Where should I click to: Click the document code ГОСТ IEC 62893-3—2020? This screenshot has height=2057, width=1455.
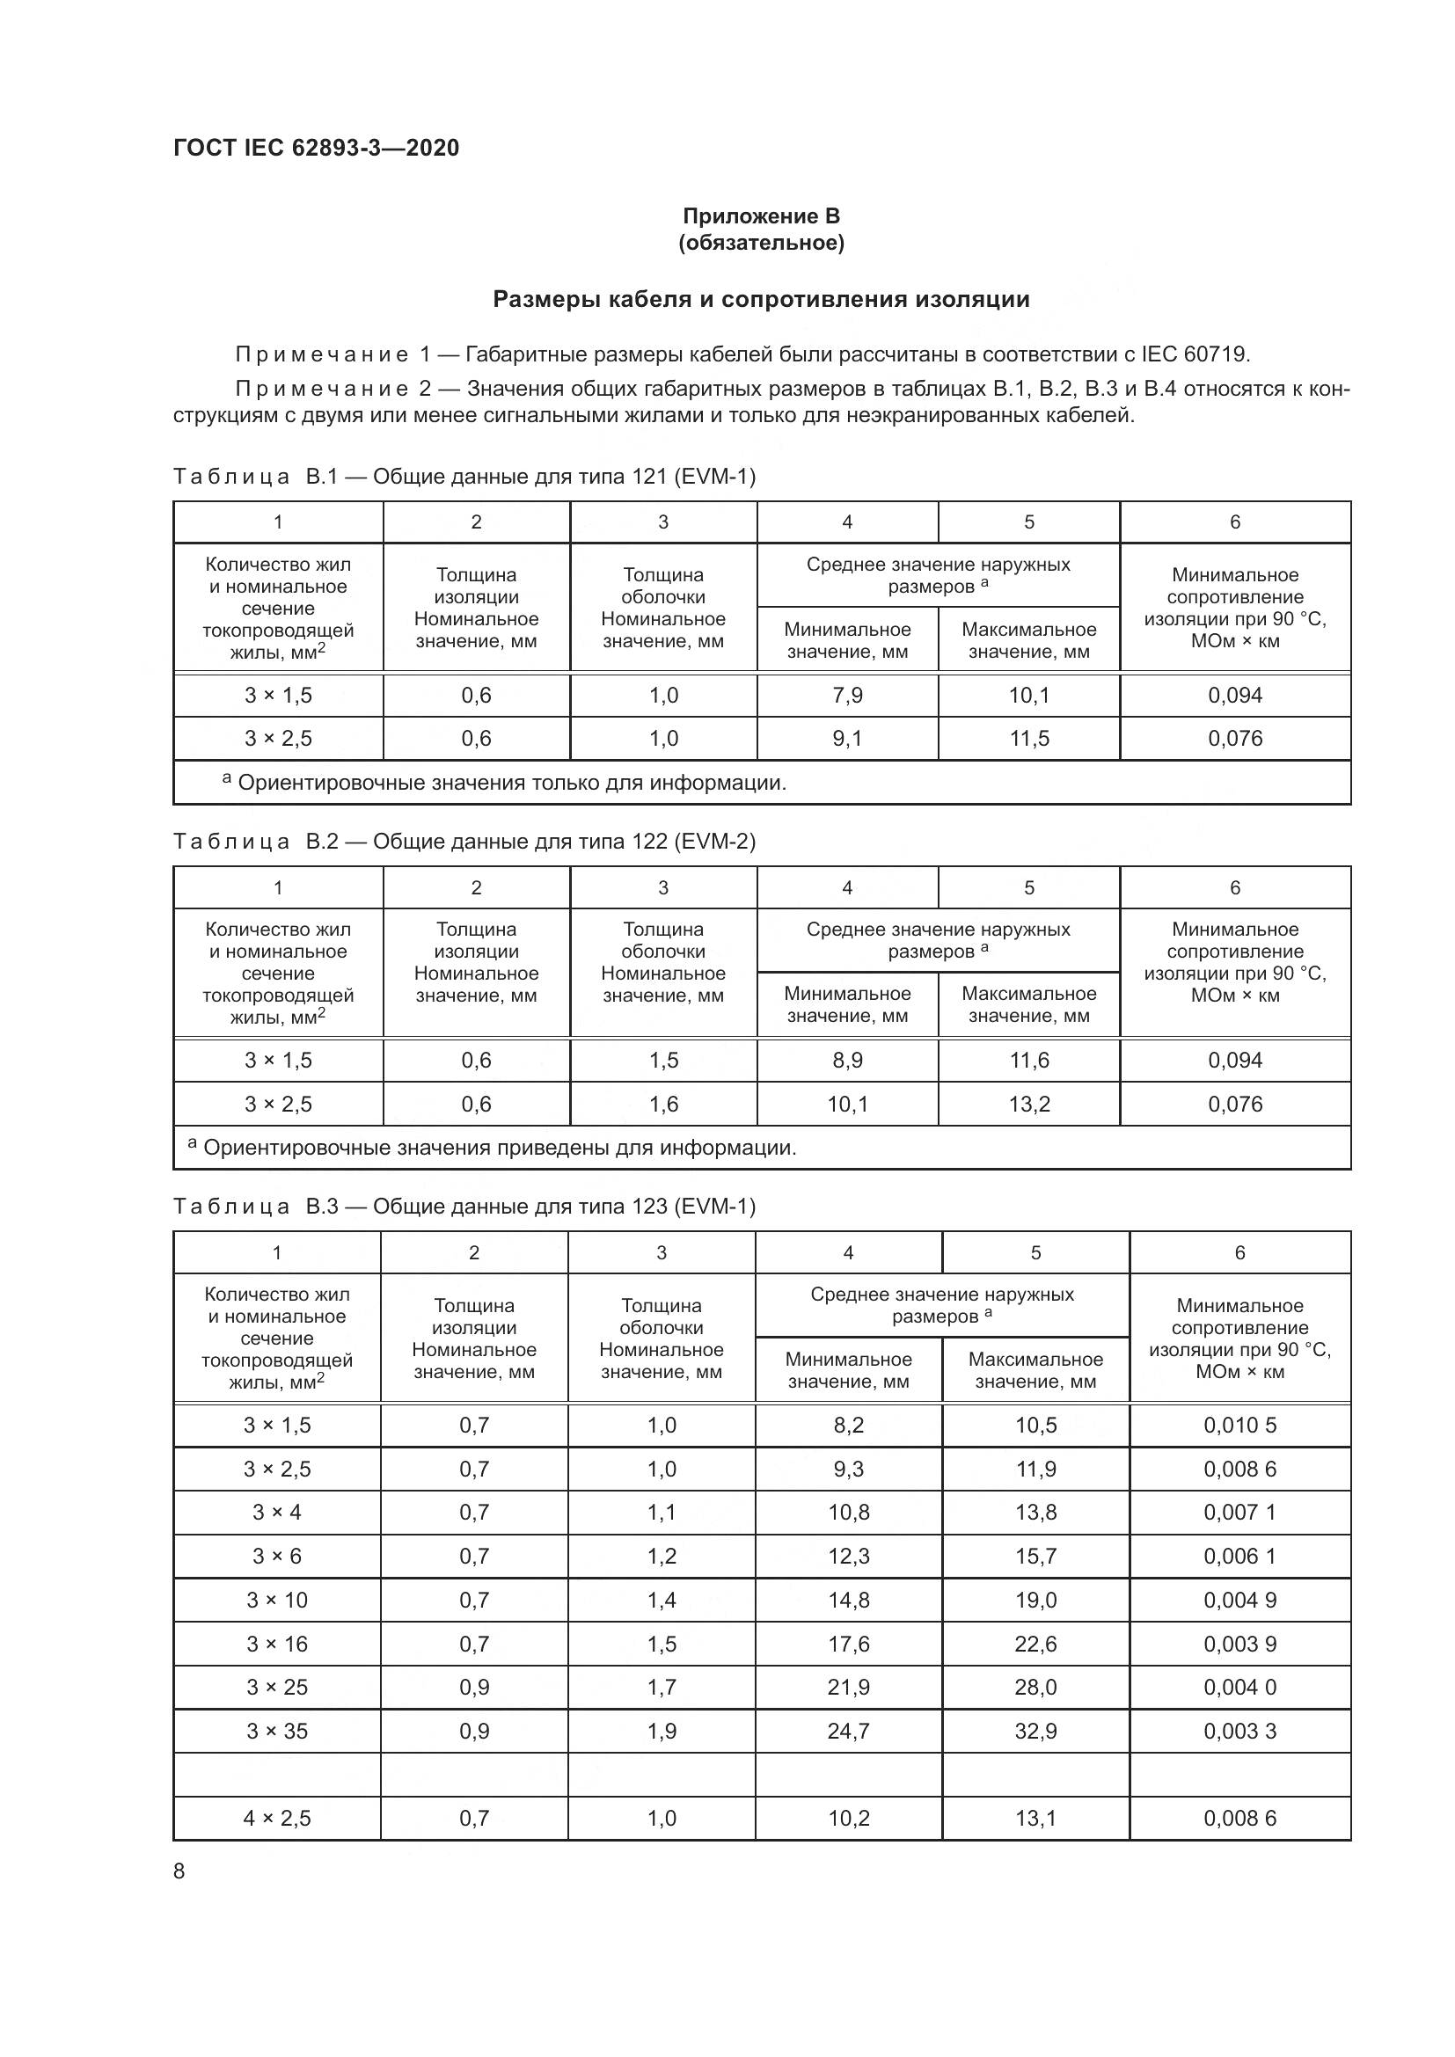(x=316, y=148)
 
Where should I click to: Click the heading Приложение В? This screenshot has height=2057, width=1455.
(x=761, y=216)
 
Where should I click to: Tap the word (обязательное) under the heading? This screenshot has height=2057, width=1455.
(x=761, y=243)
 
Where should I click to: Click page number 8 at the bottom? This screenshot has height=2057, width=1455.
(x=179, y=1871)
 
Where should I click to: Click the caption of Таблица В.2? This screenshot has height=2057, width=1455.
(x=464, y=842)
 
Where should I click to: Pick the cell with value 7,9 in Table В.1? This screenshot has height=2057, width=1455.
(x=846, y=696)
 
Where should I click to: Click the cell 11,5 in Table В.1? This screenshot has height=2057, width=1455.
(x=1028, y=738)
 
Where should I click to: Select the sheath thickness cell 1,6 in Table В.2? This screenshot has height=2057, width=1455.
(x=663, y=1104)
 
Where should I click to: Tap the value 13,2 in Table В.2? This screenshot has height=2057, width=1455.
(x=1028, y=1104)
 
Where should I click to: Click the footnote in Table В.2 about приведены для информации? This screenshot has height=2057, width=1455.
(x=492, y=1148)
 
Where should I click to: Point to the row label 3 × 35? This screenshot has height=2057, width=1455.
(x=277, y=1731)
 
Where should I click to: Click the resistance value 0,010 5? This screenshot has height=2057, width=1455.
(x=1239, y=1426)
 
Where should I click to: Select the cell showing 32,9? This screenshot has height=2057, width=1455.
(x=1035, y=1731)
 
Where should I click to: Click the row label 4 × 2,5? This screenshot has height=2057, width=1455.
(x=277, y=1818)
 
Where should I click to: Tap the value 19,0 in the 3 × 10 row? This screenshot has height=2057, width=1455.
(x=1035, y=1600)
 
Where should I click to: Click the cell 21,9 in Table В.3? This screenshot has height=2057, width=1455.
(x=847, y=1687)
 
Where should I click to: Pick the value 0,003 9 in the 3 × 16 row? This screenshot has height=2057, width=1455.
(x=1239, y=1644)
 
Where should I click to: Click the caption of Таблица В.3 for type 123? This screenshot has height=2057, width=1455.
(x=464, y=1206)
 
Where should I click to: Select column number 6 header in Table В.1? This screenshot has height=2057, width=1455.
(x=1234, y=522)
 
